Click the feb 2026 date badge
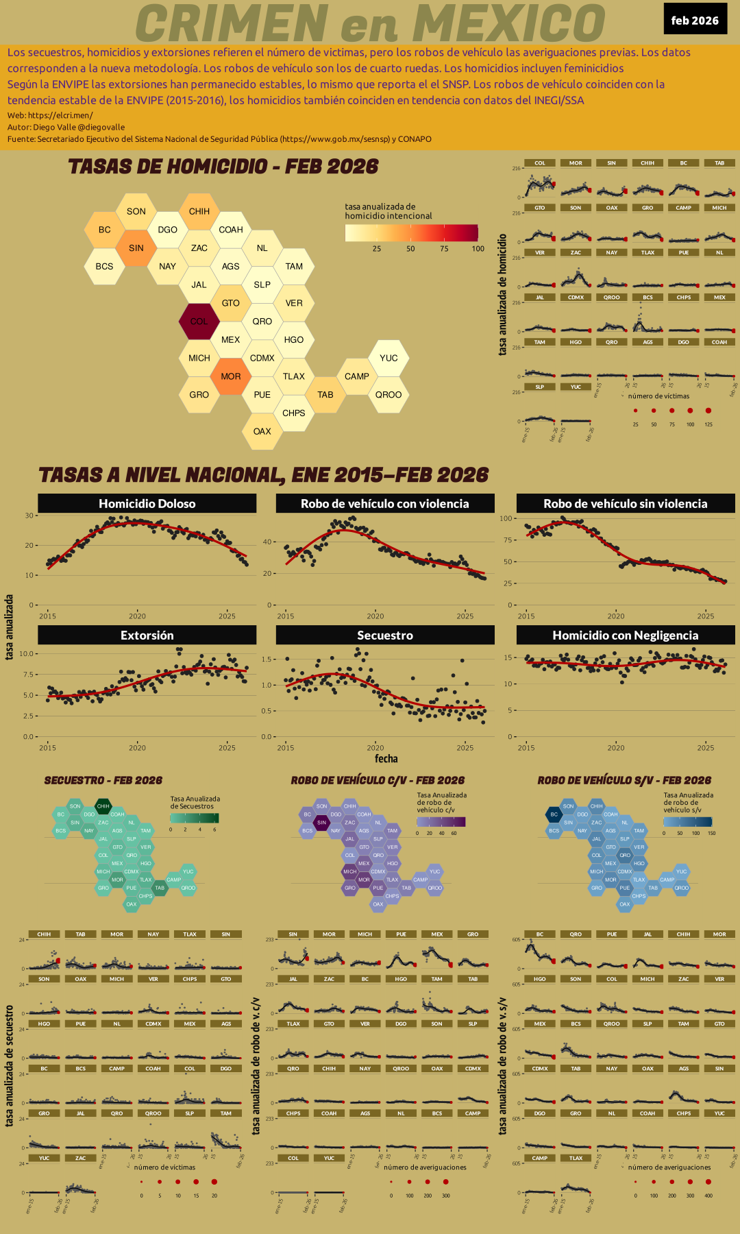pyautogui.click(x=695, y=20)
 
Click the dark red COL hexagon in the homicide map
pyautogui.click(x=199, y=321)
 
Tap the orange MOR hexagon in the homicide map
pyautogui.click(x=231, y=376)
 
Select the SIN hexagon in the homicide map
pyautogui.click(x=136, y=247)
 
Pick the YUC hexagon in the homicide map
pyautogui.click(x=388, y=358)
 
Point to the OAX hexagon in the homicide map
pyautogui.click(x=262, y=431)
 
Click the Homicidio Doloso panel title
pyautogui.click(x=147, y=503)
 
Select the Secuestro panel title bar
pyautogui.click(x=385, y=636)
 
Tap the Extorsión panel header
pyautogui.click(x=147, y=636)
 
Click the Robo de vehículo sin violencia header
pyautogui.click(x=625, y=503)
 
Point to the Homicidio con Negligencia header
pyautogui.click(x=625, y=636)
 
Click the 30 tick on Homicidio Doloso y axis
pyautogui.click(x=29, y=516)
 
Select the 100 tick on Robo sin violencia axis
pyautogui.click(x=506, y=518)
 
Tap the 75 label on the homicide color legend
pyautogui.click(x=444, y=249)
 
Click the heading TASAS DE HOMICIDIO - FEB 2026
pyautogui.click(x=223, y=167)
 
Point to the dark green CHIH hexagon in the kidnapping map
pyautogui.click(x=103, y=806)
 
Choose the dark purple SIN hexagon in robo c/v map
pyautogui.click(x=321, y=823)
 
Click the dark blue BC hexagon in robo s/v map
pyautogui.click(x=554, y=814)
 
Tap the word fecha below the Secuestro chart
pyautogui.click(x=386, y=759)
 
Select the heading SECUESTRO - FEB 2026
pyautogui.click(x=103, y=780)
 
